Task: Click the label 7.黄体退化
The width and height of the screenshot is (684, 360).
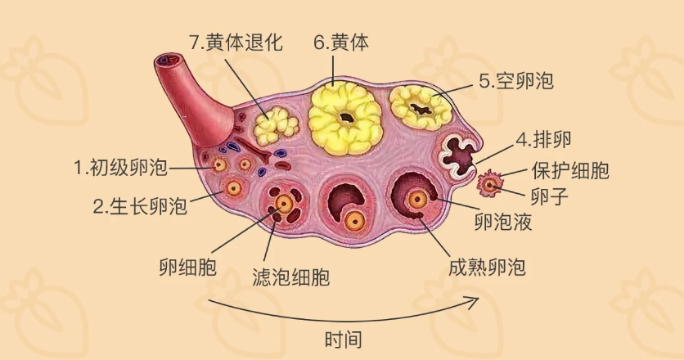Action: pyautogui.click(x=236, y=43)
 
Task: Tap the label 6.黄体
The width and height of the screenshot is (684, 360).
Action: pyautogui.click(x=340, y=43)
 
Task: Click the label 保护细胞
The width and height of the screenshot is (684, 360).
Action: pyautogui.click(x=570, y=170)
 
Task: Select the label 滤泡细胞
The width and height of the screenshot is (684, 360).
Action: pyautogui.click(x=291, y=277)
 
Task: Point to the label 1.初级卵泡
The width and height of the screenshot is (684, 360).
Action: pyautogui.click(x=120, y=169)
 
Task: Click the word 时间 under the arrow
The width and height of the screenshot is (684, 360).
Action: pyautogui.click(x=343, y=339)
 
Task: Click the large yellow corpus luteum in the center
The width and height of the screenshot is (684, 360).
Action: pyautogui.click(x=346, y=117)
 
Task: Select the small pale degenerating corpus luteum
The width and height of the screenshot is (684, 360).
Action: pyautogui.click(x=275, y=124)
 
